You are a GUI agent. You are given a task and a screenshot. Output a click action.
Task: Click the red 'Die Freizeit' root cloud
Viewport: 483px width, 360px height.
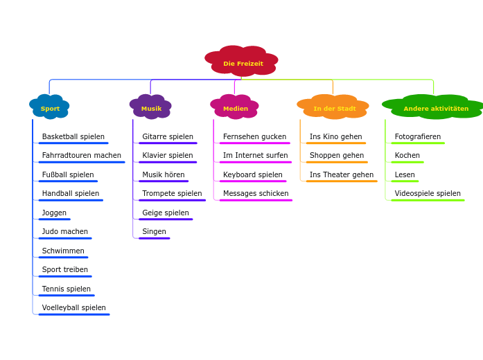pos(243,63)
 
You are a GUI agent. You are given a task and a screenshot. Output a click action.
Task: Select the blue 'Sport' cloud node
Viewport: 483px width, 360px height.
pos(50,108)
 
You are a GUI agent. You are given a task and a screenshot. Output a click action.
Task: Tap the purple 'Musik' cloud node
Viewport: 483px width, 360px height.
pos(151,108)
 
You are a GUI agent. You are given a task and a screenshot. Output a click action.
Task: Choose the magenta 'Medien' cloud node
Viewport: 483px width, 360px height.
pos(235,108)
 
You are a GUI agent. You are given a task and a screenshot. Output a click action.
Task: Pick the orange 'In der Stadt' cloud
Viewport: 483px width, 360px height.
pos(334,108)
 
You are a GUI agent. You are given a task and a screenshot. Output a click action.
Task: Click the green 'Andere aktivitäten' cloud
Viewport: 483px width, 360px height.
pos(435,108)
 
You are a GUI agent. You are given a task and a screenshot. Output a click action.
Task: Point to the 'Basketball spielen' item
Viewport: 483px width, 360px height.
pos(73,137)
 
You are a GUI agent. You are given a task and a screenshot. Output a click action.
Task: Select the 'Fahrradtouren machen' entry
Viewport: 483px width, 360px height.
pos(81,156)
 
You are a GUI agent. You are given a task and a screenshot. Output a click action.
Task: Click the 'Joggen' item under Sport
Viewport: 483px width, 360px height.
pos(54,213)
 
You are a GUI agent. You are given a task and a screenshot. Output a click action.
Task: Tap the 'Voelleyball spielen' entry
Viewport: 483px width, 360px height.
pos(73,308)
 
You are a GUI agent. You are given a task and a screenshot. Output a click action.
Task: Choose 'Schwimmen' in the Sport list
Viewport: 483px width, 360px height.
pos(63,251)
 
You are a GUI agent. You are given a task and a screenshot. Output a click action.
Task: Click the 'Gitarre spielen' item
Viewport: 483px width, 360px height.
pos(168,137)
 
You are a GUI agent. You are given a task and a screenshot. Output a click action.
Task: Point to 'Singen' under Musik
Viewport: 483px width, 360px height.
pos(154,232)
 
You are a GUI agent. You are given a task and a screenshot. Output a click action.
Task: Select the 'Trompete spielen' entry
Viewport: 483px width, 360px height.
pos(172,194)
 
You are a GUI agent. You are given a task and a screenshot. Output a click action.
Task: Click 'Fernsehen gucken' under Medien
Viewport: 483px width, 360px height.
pos(254,137)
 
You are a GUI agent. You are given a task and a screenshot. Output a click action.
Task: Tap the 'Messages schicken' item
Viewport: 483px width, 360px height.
pos(256,194)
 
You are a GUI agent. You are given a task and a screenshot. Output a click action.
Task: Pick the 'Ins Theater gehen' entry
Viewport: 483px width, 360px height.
pos(341,175)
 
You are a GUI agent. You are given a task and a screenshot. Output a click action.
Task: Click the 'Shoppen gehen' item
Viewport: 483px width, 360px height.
pos(336,156)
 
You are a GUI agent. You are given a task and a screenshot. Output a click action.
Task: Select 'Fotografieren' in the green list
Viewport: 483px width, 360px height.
pos(417,137)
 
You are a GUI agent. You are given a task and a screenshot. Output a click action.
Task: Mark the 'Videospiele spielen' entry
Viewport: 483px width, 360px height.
pos(427,194)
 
